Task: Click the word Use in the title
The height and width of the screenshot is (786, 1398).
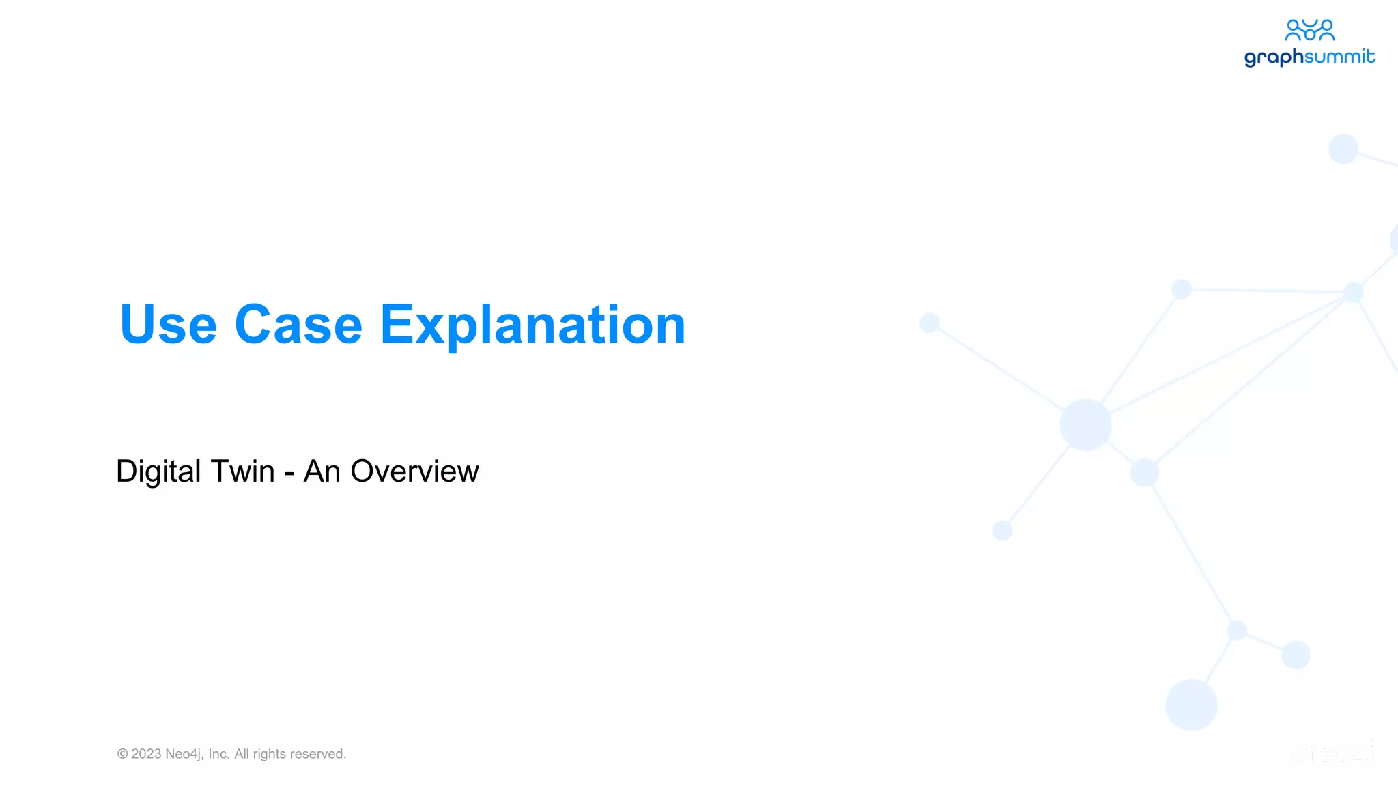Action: coord(168,325)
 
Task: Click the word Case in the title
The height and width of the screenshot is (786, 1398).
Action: coord(298,325)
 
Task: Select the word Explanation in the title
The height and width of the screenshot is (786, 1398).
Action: coord(532,326)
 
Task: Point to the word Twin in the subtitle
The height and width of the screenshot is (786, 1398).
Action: coord(242,471)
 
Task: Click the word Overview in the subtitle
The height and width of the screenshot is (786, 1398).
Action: coord(414,471)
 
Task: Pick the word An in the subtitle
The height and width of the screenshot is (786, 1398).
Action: coord(322,471)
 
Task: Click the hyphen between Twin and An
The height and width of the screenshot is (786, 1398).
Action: coord(289,474)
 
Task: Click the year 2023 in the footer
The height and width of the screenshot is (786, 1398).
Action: coord(146,754)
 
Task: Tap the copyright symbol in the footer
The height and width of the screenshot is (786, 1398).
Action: coord(123,754)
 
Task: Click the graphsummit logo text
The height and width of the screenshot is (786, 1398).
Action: coord(1309,57)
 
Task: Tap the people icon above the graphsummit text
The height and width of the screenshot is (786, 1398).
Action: coord(1309,30)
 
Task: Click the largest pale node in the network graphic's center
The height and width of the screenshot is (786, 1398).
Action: coord(1085,424)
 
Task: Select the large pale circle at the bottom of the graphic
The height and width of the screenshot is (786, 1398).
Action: coord(1191,704)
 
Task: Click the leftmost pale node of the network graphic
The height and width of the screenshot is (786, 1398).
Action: coord(930,322)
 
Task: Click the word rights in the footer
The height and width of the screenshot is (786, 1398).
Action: coord(269,754)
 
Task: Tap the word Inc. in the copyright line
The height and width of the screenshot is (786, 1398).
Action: coord(219,754)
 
